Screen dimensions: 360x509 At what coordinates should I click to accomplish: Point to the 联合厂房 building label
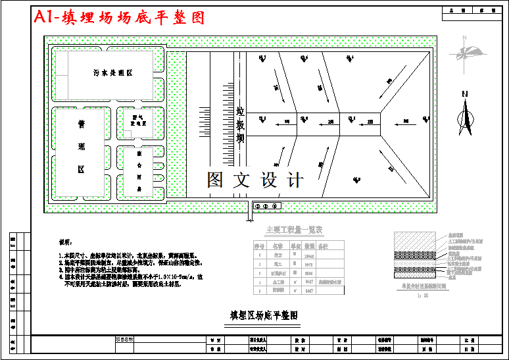point(139,171)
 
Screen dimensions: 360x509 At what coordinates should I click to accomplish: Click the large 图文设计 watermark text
point(255,180)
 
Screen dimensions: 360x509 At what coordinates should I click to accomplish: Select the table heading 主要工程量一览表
point(293,230)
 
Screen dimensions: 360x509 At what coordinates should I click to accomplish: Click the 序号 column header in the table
point(259,245)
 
